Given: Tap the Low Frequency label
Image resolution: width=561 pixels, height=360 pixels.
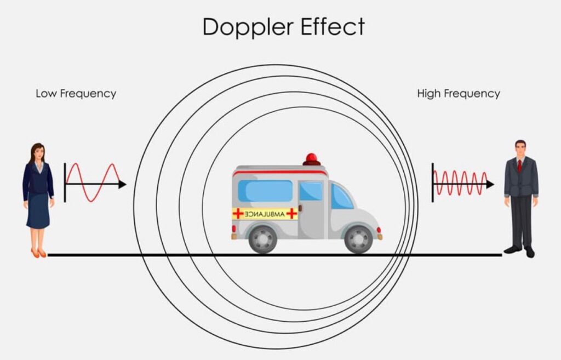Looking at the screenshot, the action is pos(76,94).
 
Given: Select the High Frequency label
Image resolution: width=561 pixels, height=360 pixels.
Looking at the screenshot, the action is pos(459,94).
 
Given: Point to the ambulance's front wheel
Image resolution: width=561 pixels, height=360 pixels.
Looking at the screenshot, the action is pos(358,239).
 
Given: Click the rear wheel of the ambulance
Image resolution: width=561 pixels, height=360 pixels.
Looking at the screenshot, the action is pos(262,239).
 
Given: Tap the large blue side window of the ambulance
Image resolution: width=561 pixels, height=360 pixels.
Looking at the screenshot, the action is pos(265,191).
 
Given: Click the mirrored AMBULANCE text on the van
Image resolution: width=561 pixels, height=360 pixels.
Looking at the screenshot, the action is pos(265,214).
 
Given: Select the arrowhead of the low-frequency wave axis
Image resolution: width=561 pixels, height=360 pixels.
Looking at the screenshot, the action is pos(122,184).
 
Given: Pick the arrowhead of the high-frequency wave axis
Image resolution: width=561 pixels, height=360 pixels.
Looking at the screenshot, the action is pos(490,184).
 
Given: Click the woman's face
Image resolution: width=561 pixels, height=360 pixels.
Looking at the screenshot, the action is pos(39,153).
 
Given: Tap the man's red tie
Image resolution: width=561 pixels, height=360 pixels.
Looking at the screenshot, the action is pos(519,165).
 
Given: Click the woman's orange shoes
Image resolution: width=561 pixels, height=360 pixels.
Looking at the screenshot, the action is pos(39,253).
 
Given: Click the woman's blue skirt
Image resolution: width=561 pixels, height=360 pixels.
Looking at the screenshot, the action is pos(38,210).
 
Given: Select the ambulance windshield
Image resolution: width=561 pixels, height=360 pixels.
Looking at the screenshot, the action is pos(341,197).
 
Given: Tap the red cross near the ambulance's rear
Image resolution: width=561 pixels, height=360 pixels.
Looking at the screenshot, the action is pos(238,214).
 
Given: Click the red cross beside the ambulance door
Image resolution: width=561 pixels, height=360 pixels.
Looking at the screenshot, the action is pos(291,214).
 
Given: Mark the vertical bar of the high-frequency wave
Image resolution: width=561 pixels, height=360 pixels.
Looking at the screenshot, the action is pos(433,182).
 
